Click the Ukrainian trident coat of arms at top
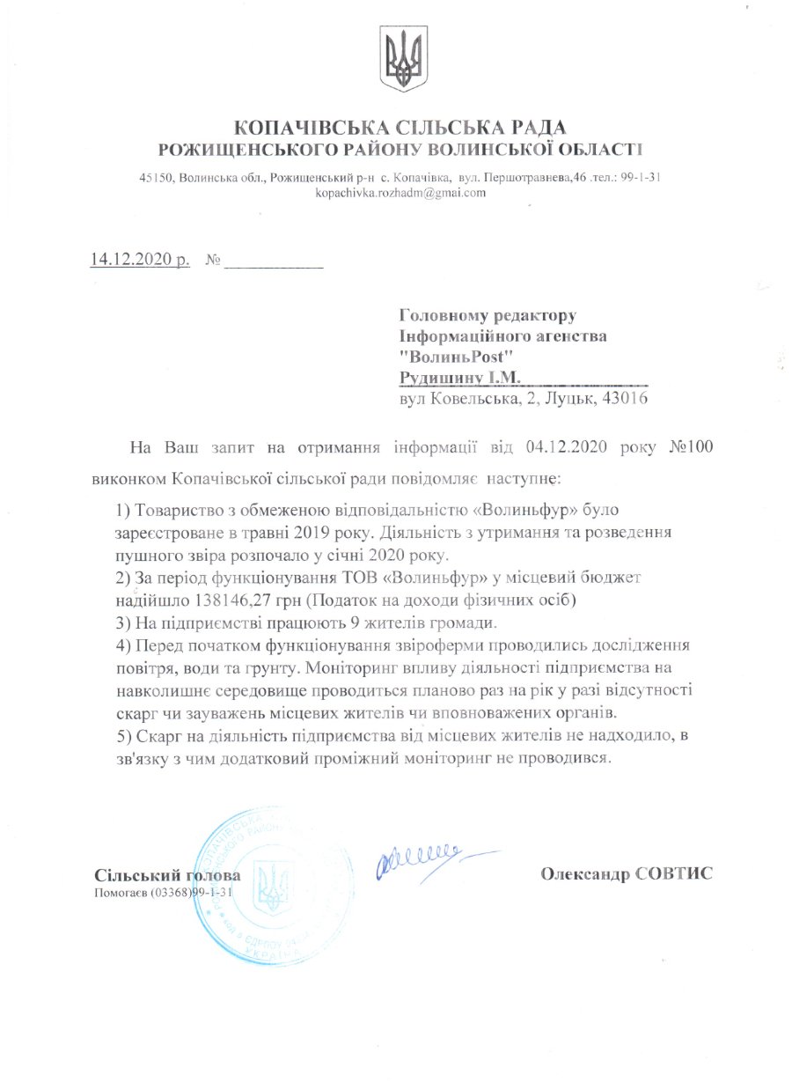click(x=402, y=59)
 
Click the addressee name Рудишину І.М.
click(x=459, y=378)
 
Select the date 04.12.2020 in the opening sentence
click(x=565, y=446)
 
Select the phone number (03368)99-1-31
click(x=191, y=892)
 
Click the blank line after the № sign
click(x=275, y=263)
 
